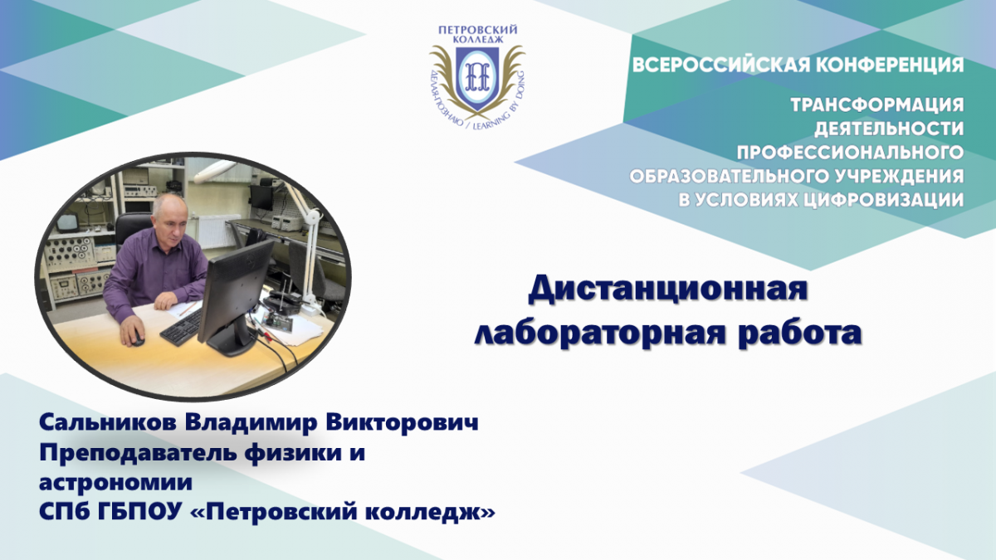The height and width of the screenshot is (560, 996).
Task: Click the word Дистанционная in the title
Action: [x=668, y=290]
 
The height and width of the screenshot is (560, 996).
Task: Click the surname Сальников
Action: [x=109, y=422]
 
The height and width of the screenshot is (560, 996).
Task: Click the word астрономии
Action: [x=116, y=483]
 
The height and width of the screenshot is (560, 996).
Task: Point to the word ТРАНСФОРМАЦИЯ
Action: [x=877, y=105]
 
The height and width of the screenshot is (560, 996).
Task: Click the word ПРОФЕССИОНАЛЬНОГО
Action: [x=851, y=153]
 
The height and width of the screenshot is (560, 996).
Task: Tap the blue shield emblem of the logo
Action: [x=476, y=77]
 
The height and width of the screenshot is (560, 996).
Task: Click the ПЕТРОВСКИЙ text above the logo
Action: [x=478, y=30]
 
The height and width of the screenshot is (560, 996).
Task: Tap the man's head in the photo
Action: [x=170, y=217]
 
